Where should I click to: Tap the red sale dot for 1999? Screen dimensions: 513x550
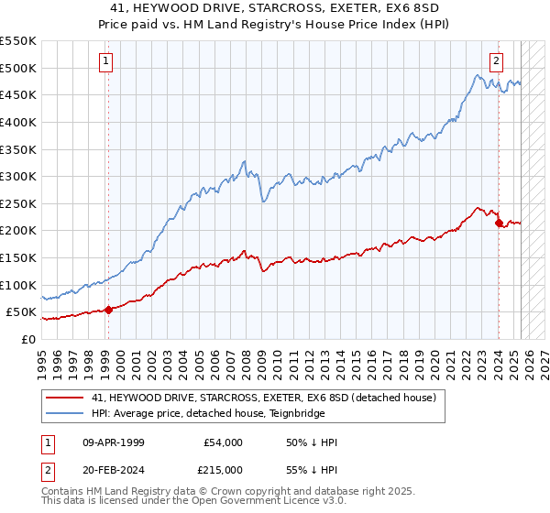pyautogui.click(x=108, y=310)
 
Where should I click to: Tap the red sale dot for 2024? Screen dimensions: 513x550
pyautogui.click(x=499, y=223)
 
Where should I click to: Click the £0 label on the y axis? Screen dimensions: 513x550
pyautogui.click(x=27, y=339)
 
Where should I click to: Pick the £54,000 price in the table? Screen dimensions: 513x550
pyautogui.click(x=223, y=442)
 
